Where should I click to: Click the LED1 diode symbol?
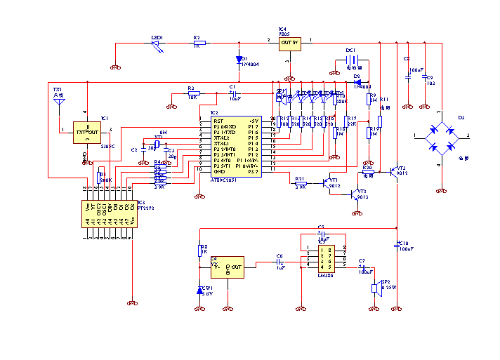[x=156, y=44]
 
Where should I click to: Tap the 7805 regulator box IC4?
[x=289, y=44]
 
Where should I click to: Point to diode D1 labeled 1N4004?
[x=239, y=60]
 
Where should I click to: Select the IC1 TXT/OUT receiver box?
[x=87, y=131]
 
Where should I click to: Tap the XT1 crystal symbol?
[x=159, y=145]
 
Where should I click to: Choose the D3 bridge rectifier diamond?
[x=441, y=135]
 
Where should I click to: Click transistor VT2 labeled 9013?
[x=355, y=194]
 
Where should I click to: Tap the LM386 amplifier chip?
[x=325, y=259]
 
